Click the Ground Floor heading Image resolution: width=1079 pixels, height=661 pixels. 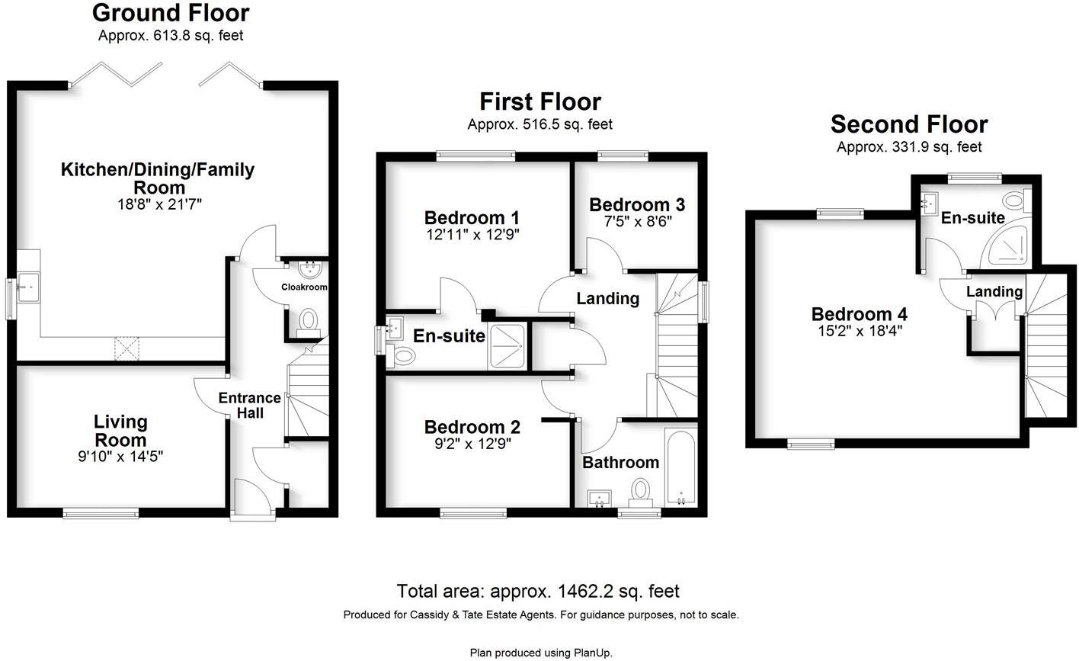pos(170,13)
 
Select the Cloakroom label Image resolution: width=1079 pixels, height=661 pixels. pos(304,287)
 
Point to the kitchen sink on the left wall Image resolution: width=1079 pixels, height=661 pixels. pos(29,287)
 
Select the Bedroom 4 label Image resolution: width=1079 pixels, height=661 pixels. pos(859,314)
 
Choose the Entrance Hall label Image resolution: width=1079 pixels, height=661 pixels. pos(250,405)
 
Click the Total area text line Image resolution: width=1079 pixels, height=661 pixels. pos(537,591)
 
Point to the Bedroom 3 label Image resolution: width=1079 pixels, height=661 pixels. pos(636,204)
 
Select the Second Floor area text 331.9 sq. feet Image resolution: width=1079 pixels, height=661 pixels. pos(909,147)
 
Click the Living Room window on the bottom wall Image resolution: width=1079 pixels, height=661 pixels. pos(101,514)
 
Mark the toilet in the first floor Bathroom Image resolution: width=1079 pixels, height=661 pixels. pos(640,492)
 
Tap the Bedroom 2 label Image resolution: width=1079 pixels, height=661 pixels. pos(472,427)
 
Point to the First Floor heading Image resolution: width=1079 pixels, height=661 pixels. pos(539,101)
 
